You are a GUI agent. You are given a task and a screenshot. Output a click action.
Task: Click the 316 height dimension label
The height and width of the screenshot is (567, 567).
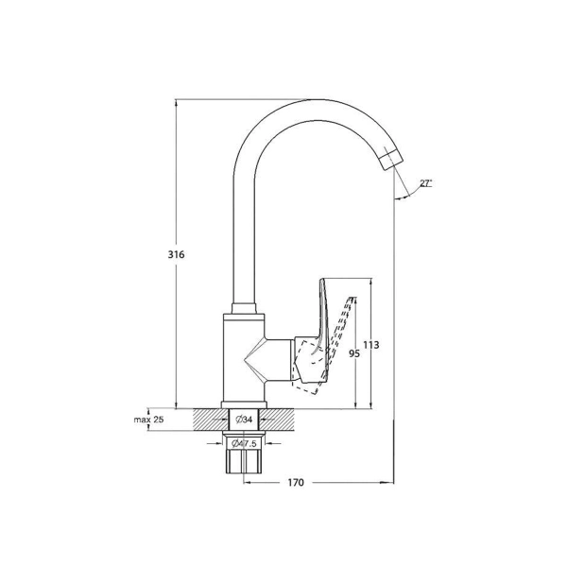176,254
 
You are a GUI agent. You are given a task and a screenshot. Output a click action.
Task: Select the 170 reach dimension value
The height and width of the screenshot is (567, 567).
296,482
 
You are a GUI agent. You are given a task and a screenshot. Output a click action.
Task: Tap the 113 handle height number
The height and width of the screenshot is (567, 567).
371,345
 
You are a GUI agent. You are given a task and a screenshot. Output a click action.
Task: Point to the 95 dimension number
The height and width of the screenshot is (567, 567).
354,353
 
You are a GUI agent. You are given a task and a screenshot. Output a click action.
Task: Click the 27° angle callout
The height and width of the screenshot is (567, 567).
426,183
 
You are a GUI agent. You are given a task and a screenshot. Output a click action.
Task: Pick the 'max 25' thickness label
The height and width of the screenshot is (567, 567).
148,420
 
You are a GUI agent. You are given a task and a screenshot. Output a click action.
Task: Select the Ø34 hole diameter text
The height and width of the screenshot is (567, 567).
244,420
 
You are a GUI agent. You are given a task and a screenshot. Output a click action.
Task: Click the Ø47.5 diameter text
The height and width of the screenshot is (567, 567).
244,443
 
